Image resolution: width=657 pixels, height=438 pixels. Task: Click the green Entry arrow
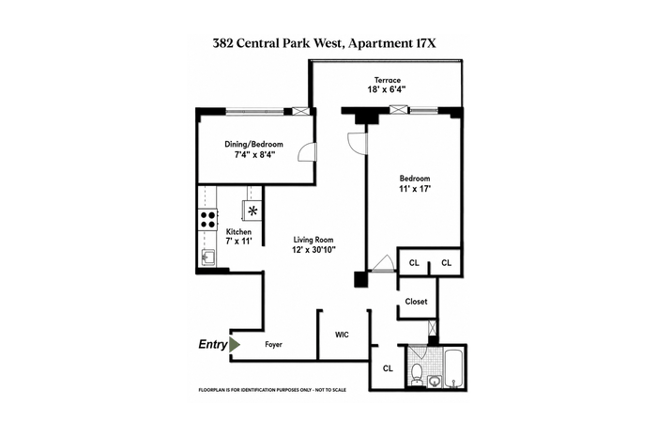[235, 344]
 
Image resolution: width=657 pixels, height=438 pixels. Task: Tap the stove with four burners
[207, 219]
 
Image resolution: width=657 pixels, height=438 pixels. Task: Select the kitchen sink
[207, 257]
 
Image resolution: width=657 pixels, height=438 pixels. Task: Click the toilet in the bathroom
[417, 374]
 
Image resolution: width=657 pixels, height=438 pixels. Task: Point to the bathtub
[453, 368]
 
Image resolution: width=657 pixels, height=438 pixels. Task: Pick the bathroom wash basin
[435, 382]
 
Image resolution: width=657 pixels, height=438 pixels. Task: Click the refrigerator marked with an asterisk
[252, 211]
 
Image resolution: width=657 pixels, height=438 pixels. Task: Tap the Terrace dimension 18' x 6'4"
[387, 89]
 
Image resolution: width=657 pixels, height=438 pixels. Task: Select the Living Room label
[313, 240]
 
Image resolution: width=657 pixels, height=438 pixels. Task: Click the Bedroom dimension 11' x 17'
[415, 189]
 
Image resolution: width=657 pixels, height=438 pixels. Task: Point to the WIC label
[342, 335]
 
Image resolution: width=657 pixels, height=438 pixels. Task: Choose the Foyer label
[274, 344]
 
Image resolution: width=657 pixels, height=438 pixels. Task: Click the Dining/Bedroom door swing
[307, 152]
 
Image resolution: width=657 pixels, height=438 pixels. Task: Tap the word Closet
[416, 301]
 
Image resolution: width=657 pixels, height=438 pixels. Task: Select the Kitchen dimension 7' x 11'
[238, 242]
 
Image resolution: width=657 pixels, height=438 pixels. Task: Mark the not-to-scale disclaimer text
[272, 390]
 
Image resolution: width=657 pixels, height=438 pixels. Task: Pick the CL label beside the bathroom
[388, 368]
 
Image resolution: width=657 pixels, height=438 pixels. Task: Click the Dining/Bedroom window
[254, 112]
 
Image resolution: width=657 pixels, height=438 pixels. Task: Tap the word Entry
[213, 344]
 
